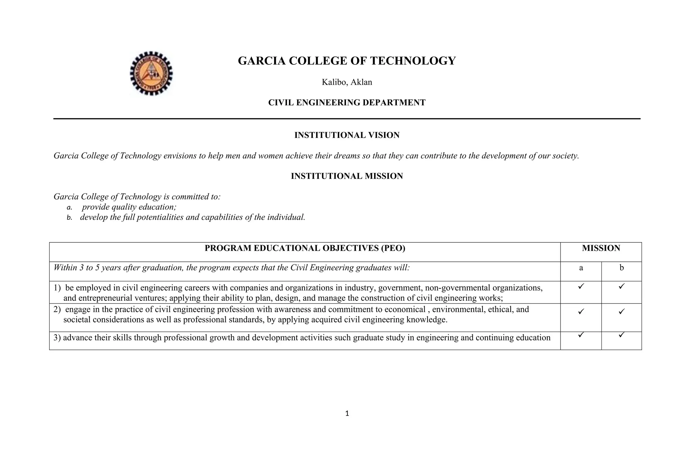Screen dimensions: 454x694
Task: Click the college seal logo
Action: pyautogui.click(x=151, y=73)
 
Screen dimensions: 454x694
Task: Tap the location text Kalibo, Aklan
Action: pyautogui.click(x=347, y=82)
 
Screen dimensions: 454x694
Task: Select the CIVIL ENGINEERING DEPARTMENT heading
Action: pyautogui.click(x=347, y=103)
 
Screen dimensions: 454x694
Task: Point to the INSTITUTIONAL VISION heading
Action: pyautogui.click(x=347, y=135)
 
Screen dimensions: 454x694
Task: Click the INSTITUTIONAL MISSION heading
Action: pyautogui.click(x=347, y=176)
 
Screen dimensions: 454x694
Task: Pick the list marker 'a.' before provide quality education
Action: pyautogui.click(x=69, y=208)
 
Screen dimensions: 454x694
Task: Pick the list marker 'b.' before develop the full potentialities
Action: pyautogui.click(x=69, y=218)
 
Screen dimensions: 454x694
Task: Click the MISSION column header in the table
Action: pyautogui.click(x=601, y=249)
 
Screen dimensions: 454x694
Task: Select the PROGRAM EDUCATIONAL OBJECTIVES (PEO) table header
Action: pyautogui.click(x=305, y=249)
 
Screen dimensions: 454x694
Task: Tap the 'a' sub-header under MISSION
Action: pyautogui.click(x=581, y=268)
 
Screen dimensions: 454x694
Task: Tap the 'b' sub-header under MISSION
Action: pyautogui.click(x=621, y=268)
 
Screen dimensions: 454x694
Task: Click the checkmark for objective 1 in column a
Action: pyautogui.click(x=581, y=287)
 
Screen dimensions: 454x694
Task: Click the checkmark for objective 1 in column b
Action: pyautogui.click(x=621, y=287)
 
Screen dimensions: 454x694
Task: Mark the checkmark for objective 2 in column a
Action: pyautogui.click(x=581, y=311)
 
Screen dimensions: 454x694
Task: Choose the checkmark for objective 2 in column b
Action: pyautogui.click(x=621, y=311)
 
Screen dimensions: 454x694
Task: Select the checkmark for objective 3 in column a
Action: pyautogui.click(x=581, y=335)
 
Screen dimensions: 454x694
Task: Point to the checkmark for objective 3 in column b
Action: pyautogui.click(x=621, y=335)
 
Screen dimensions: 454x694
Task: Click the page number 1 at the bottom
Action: pyautogui.click(x=347, y=414)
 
